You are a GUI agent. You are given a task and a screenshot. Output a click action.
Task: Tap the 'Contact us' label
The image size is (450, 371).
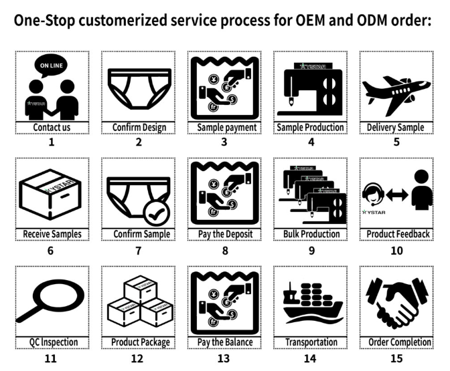click(x=52, y=127)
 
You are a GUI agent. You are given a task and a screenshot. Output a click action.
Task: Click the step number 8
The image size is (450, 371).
click(x=224, y=251)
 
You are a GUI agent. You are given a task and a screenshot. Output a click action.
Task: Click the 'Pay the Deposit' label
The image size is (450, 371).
click(x=224, y=234)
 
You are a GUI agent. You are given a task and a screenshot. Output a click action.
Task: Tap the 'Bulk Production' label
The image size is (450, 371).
click(x=310, y=234)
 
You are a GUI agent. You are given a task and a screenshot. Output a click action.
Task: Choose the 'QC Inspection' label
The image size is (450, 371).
click(x=52, y=342)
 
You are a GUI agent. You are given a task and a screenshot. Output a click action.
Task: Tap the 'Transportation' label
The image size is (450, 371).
click(x=311, y=342)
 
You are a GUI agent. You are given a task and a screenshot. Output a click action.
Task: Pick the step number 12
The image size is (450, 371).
click(x=137, y=358)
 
